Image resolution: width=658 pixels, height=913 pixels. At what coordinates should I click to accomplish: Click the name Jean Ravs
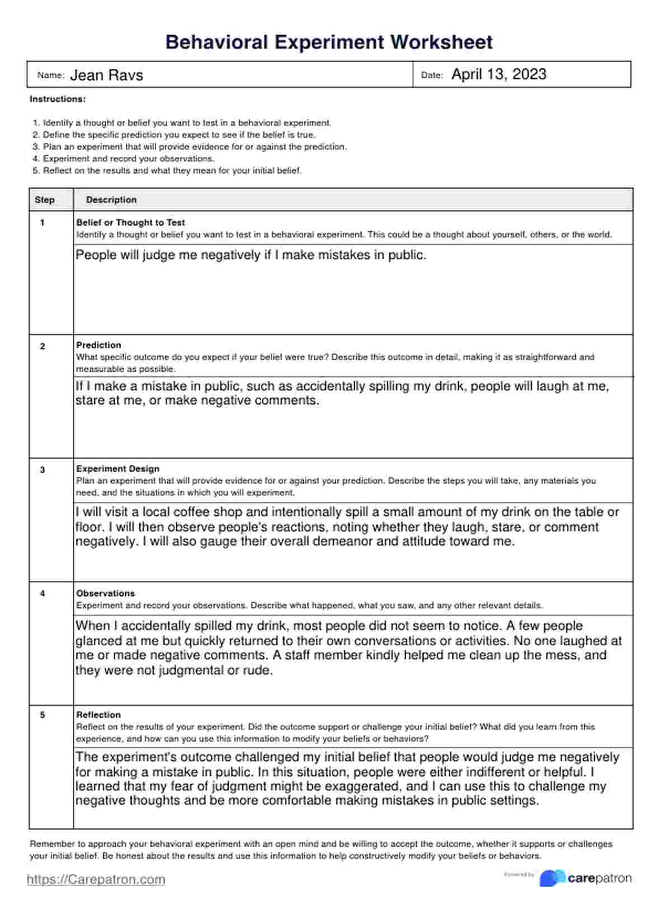coord(106,75)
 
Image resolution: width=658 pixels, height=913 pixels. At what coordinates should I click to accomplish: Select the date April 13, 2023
coord(499,74)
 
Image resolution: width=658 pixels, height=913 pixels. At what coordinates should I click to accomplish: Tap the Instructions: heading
coord(58,99)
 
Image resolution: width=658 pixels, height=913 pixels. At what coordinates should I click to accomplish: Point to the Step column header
coord(45,200)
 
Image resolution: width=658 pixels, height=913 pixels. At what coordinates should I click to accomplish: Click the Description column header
coord(111,200)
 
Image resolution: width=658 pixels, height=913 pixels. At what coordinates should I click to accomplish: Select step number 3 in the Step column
coord(43,470)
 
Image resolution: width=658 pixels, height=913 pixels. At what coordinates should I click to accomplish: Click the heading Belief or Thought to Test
coord(130,222)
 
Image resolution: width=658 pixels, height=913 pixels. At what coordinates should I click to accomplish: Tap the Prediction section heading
coord(98,345)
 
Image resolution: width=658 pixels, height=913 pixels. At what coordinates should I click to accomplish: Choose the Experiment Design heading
coord(117,469)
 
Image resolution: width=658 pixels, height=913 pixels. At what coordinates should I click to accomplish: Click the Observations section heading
coord(105,593)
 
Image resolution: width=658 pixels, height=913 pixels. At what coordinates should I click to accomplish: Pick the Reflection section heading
coord(98,715)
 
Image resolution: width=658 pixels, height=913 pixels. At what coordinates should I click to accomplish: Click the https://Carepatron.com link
coord(96,879)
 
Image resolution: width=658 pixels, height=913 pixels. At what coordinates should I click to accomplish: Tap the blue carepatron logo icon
coord(552,878)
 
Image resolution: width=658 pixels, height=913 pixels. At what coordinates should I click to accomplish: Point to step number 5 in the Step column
coord(43,715)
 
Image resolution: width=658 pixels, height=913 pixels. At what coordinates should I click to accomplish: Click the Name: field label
coord(51,75)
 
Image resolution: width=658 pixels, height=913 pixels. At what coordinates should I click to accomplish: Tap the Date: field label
coord(431,75)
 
